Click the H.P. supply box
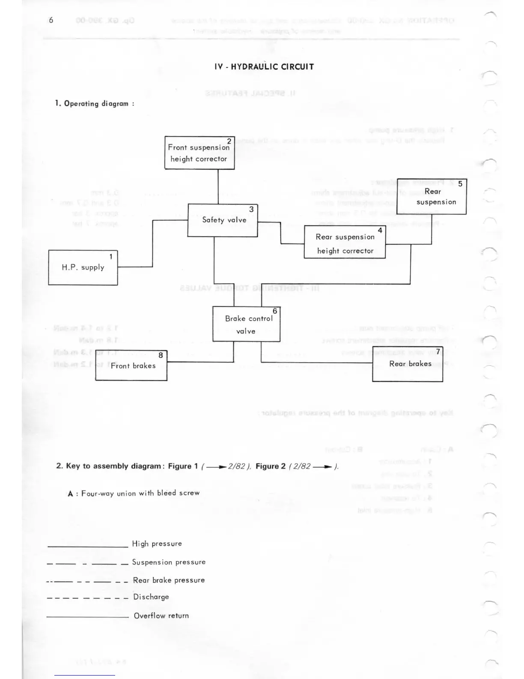coord(83,267)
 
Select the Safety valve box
coord(223,220)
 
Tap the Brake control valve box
coord(247,324)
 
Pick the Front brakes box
coord(131,366)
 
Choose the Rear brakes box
coord(408,364)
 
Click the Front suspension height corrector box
coord(199,153)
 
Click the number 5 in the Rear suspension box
coord(460,184)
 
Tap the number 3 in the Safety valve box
coord(251,209)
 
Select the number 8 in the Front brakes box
coord(161,355)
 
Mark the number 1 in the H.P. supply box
coord(111,257)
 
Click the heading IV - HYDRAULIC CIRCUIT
coord(264,67)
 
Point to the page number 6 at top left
coord(51,20)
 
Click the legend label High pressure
coord(157,544)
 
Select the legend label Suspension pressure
coord(169,562)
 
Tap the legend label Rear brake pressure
coord(169,580)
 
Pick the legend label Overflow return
coord(161,616)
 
